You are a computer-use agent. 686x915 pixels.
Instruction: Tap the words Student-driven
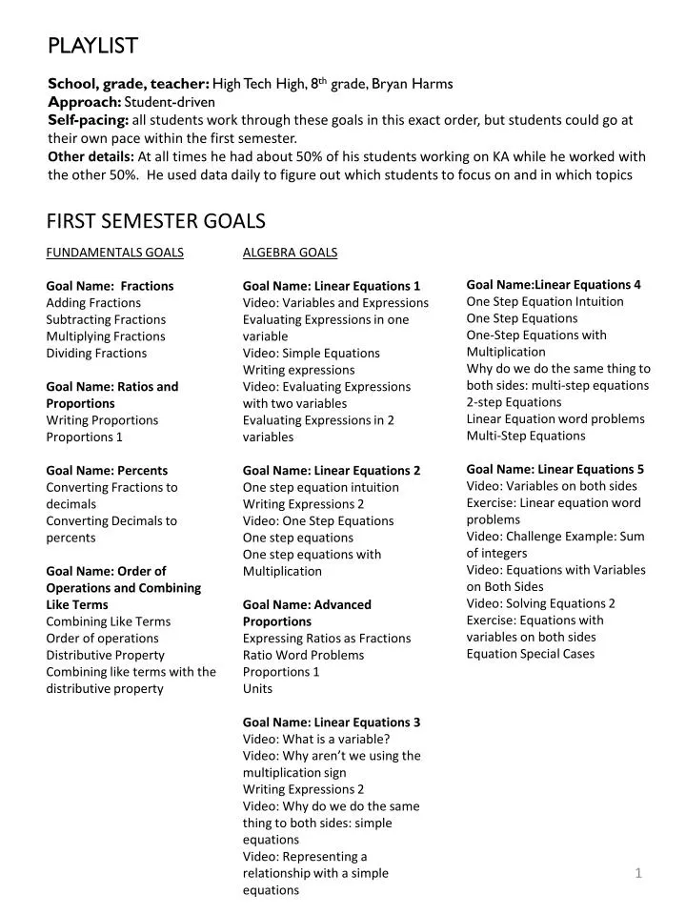(x=170, y=102)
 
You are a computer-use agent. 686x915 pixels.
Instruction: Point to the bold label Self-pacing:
(x=88, y=120)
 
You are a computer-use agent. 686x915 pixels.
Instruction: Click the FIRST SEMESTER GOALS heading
(x=156, y=221)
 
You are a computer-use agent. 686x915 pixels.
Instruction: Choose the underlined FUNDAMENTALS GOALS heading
(x=114, y=253)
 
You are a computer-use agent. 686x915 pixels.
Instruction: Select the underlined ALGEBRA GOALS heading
(x=290, y=253)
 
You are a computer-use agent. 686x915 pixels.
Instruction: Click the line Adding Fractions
(x=93, y=303)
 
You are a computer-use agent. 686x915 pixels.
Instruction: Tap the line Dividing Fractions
(x=96, y=354)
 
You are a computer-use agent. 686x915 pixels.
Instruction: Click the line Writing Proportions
(x=102, y=420)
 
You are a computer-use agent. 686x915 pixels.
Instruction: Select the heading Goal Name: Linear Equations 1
(x=331, y=286)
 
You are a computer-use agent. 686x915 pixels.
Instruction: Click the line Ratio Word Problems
(x=303, y=656)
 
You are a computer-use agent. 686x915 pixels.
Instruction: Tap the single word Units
(x=257, y=689)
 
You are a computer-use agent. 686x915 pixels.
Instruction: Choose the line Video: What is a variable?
(x=316, y=740)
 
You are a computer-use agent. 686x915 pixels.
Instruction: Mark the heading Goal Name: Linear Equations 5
(x=555, y=469)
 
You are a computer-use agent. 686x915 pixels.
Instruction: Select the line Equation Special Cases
(x=530, y=654)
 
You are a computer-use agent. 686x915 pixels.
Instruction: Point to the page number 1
(x=638, y=873)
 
